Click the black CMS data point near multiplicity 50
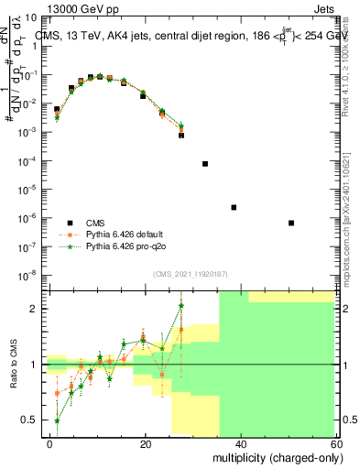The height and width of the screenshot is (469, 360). pos(290,223)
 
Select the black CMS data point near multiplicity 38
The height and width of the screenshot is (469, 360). pos(234,207)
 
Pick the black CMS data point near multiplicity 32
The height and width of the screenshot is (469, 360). pos(205,164)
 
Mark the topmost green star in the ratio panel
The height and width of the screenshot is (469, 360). pos(181,306)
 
